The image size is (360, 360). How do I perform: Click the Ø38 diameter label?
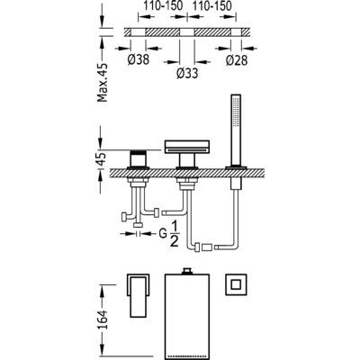pos(138,59)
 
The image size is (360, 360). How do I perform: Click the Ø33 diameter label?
pos(187,73)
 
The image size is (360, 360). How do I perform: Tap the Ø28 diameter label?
pos(237,60)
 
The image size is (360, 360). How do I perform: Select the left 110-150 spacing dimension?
pos(162,6)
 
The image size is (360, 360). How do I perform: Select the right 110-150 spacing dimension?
pos(211,6)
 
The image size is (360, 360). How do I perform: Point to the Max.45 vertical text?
pos(103,83)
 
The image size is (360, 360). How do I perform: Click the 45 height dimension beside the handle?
pos(103,158)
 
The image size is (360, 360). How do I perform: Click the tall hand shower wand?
pos(236,130)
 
